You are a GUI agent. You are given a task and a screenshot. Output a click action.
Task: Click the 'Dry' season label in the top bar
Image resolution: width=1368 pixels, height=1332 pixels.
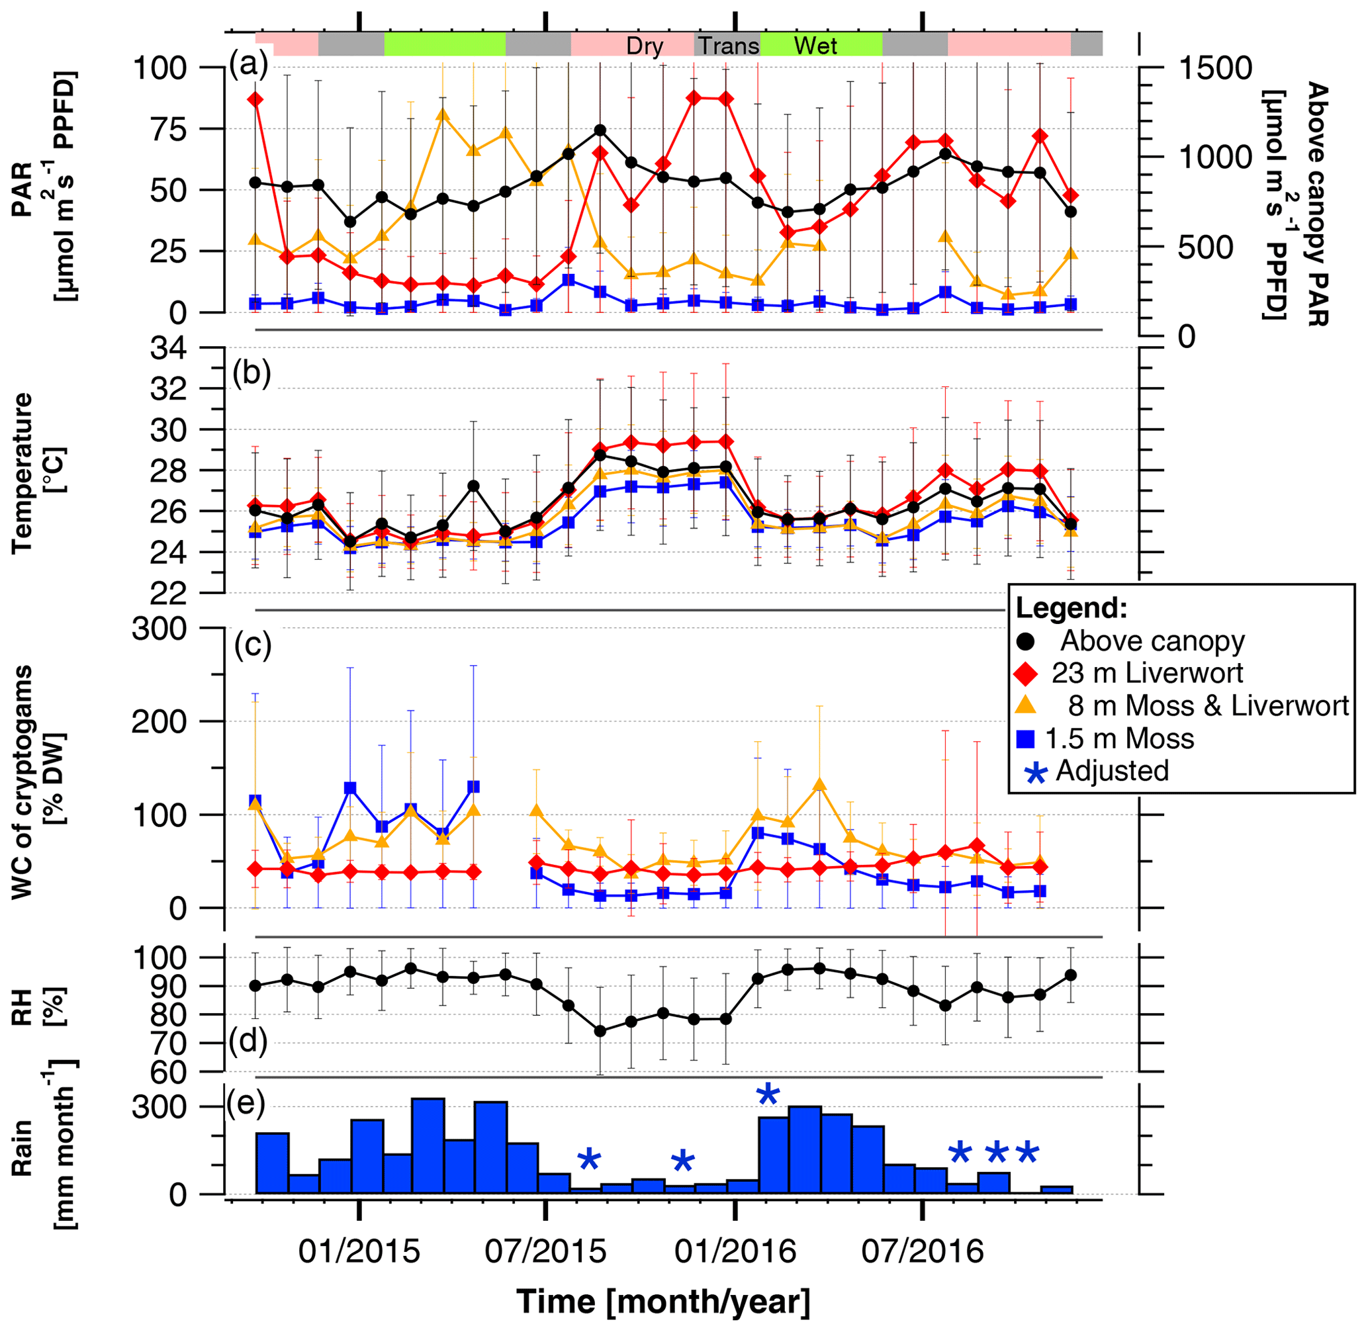pos(645,46)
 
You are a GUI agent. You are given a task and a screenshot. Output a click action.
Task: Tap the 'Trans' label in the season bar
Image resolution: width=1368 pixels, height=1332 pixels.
pos(729,46)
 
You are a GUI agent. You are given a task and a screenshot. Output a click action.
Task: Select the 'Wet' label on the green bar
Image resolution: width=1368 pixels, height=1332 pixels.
pos(815,46)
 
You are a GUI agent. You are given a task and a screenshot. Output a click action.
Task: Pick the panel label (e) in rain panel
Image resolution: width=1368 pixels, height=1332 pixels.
pos(246,1103)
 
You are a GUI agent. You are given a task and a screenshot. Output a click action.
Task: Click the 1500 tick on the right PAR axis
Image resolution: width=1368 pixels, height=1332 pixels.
pos(1214,69)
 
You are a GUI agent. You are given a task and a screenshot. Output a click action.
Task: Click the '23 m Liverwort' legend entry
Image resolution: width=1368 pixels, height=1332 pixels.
pos(1148,673)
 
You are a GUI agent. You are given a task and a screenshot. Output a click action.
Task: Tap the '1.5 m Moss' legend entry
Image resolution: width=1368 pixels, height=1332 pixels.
pos(1120,738)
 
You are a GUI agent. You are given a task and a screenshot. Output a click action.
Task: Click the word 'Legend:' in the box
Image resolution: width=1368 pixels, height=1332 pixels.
pos(1072,608)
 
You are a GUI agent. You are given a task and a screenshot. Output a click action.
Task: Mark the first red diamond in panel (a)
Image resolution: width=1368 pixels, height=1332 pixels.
pos(255,99)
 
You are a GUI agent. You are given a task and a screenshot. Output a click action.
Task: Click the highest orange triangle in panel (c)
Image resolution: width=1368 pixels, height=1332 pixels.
pos(820,785)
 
